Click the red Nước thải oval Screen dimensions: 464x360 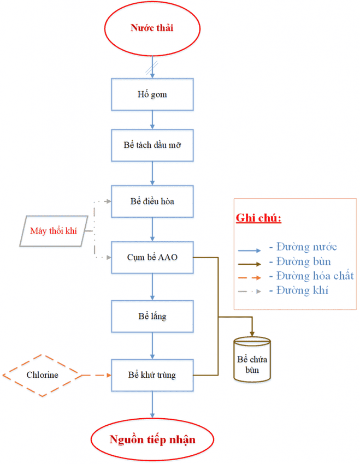click(x=152, y=28)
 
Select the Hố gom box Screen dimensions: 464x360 click(x=152, y=94)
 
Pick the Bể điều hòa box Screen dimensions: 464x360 click(x=152, y=201)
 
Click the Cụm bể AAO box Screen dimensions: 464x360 click(x=152, y=256)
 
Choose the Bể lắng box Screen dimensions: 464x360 click(x=152, y=316)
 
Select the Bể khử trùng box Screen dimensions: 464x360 click(x=152, y=375)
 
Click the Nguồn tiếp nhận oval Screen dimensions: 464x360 click(x=152, y=440)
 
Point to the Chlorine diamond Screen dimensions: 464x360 click(x=42, y=375)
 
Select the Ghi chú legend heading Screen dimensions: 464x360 click(x=258, y=218)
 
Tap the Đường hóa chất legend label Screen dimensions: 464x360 click(x=311, y=276)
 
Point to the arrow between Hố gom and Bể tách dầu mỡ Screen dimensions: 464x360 click(x=152, y=120)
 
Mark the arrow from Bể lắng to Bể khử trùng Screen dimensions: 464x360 click(x=152, y=346)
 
